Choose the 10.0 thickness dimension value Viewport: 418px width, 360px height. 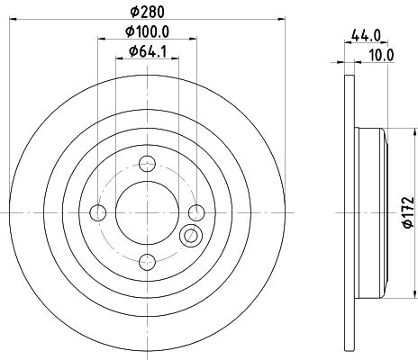pyautogui.click(x=382, y=54)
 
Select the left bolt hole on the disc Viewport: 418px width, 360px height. pyautogui.click(x=100, y=212)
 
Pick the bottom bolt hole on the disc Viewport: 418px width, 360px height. pyautogui.click(x=149, y=261)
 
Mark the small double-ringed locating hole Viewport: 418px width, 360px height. pyautogui.click(x=190, y=237)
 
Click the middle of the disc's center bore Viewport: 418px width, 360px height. pyautogui.click(x=149, y=212)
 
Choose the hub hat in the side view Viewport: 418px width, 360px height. pyautogui.click(x=371, y=212)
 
